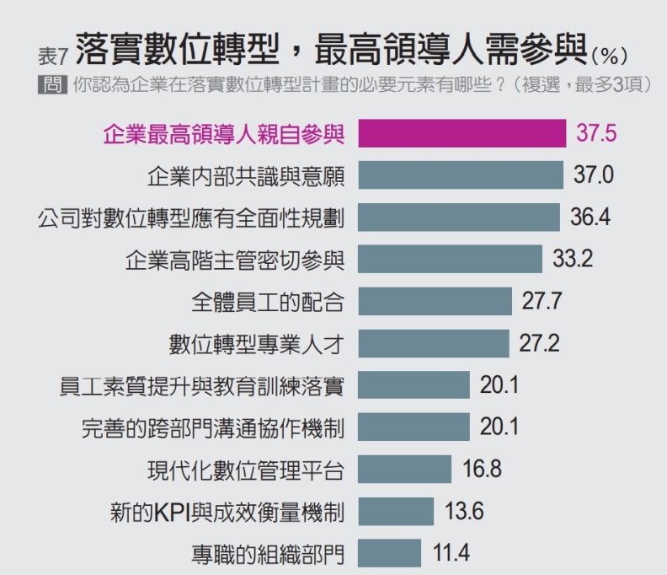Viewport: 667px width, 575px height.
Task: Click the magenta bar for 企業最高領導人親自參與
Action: (x=462, y=133)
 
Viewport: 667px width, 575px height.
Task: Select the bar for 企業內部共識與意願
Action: (x=460, y=175)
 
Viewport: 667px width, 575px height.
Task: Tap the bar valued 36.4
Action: (x=458, y=217)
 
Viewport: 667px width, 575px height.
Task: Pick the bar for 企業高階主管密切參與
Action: (x=450, y=259)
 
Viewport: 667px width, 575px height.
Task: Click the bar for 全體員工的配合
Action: (x=435, y=301)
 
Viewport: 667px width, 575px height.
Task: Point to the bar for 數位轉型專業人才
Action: (x=433, y=343)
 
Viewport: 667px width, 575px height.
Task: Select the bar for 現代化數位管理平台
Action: (x=404, y=469)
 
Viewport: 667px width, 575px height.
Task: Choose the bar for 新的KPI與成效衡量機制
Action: (x=395, y=511)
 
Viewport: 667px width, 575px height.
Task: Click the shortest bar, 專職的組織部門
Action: (x=389, y=553)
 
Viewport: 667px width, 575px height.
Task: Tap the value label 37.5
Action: (x=596, y=133)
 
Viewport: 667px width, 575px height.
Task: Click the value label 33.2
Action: (x=572, y=259)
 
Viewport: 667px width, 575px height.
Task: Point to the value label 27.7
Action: (x=542, y=301)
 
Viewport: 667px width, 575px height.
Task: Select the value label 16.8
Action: (x=482, y=469)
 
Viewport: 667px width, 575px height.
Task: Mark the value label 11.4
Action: (x=451, y=553)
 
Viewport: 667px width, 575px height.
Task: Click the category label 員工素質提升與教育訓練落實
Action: (x=201, y=385)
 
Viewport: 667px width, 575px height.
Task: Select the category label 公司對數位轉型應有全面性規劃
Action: (x=190, y=217)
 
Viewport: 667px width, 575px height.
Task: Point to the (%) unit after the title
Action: (x=609, y=57)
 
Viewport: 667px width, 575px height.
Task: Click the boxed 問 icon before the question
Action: (x=52, y=86)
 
